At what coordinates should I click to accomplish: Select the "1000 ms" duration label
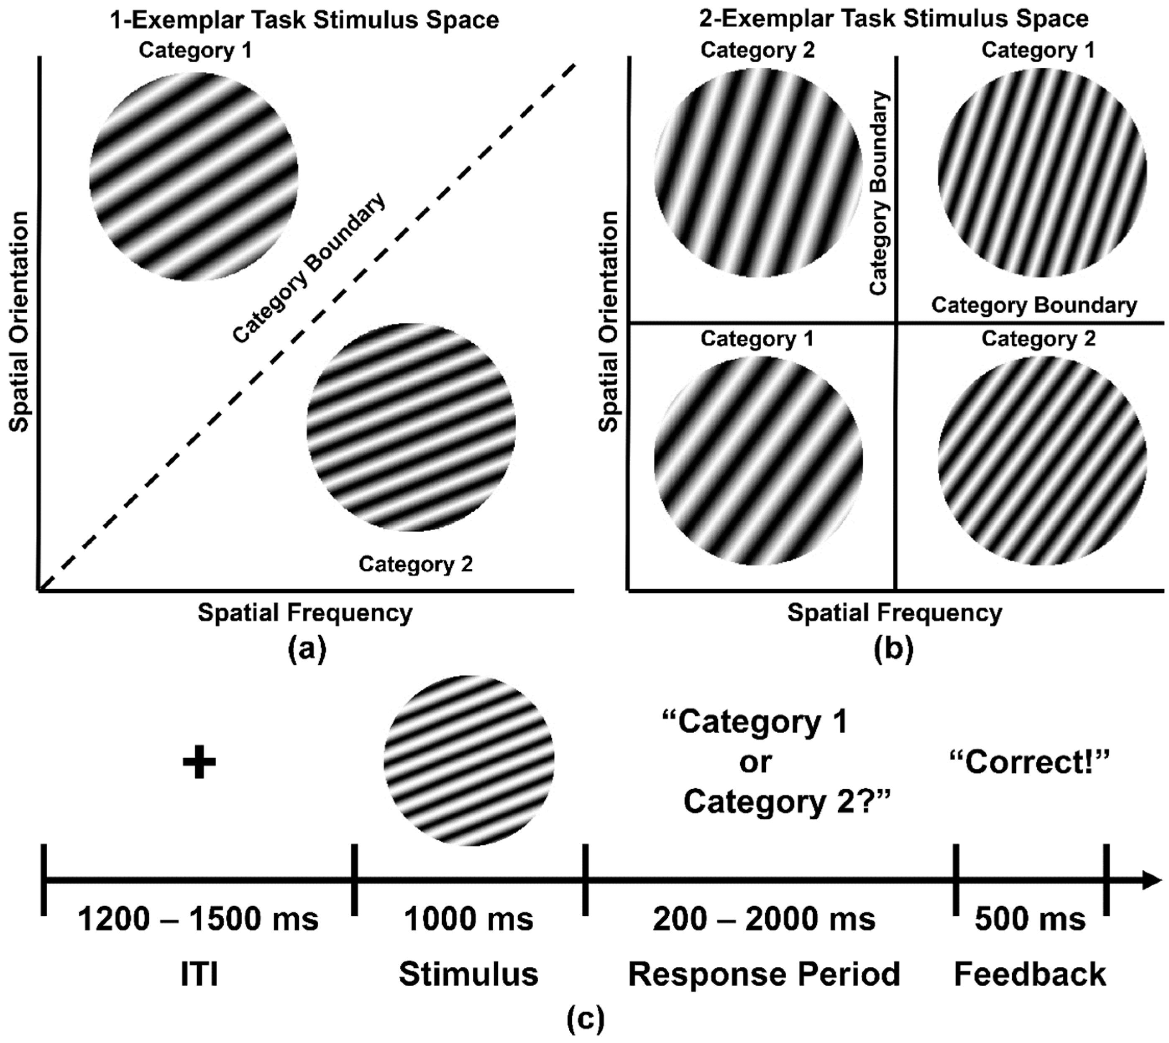click(x=469, y=919)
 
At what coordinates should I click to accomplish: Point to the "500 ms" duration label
click(x=1030, y=919)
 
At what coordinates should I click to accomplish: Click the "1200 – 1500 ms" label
click(x=198, y=919)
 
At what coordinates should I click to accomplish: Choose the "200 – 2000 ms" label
click(x=764, y=919)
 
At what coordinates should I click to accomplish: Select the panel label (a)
click(x=307, y=650)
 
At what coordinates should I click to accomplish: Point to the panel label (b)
click(x=893, y=650)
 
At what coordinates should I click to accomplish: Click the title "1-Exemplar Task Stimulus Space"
click(x=304, y=20)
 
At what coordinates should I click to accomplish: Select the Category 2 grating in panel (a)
click(x=411, y=427)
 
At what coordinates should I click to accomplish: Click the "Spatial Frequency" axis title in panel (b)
click(x=895, y=612)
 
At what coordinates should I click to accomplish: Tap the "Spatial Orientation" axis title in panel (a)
click(x=20, y=321)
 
